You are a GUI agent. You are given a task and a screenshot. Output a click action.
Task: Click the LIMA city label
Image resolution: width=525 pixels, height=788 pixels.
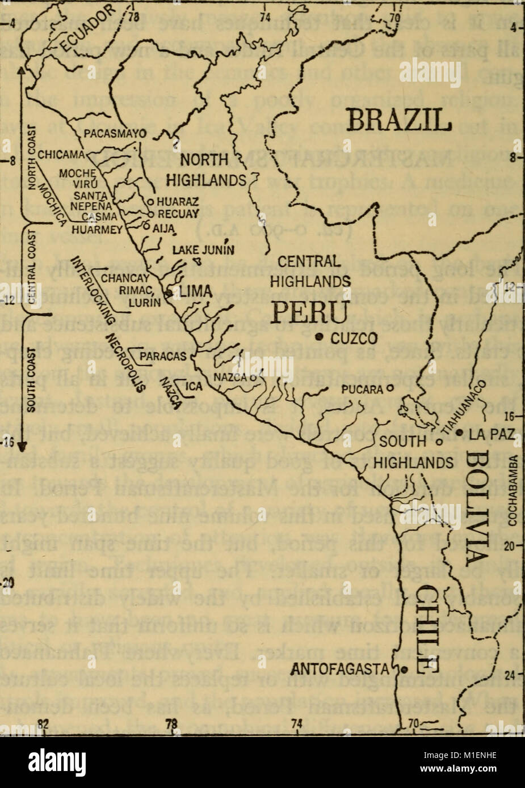(x=196, y=291)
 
